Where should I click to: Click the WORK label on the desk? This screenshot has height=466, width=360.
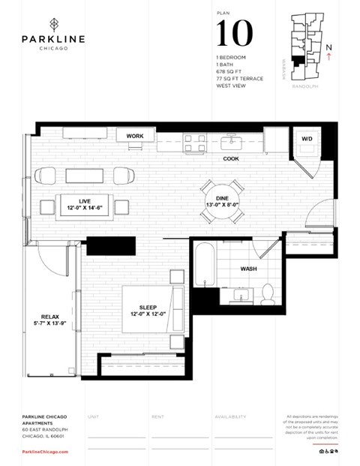click(135, 136)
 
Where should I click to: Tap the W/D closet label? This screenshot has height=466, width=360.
click(307, 140)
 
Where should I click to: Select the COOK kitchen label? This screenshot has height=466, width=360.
click(230, 158)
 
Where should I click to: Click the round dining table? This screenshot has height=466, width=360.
click(221, 202)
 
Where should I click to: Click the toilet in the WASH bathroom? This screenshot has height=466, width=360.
click(268, 292)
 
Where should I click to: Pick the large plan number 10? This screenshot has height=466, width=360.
click(234, 35)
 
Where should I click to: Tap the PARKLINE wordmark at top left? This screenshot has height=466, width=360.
click(53, 38)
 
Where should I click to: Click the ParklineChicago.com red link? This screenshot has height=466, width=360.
click(45, 452)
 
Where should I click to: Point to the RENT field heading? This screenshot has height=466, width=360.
click(157, 415)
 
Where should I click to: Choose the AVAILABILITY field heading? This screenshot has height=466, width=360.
click(230, 415)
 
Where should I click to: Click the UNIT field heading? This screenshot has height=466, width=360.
click(93, 415)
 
